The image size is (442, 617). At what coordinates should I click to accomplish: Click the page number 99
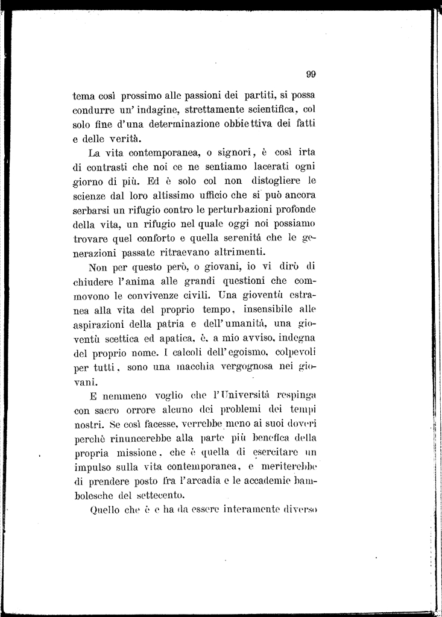(311, 75)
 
